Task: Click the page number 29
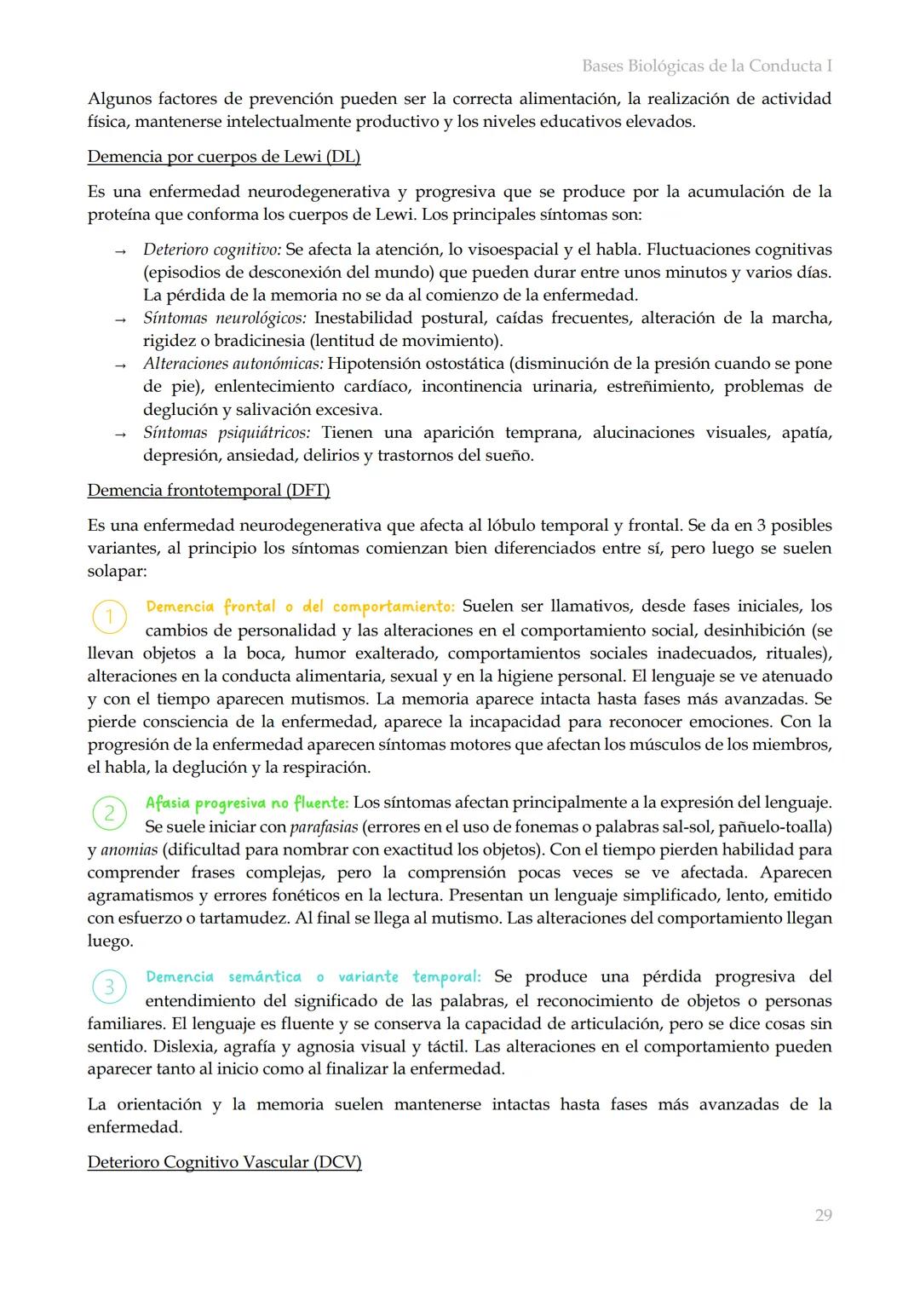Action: tap(823, 1215)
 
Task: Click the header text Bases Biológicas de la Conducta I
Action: tap(706, 66)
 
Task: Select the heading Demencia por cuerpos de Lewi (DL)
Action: tap(223, 157)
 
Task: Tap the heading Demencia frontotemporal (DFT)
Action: tap(208, 490)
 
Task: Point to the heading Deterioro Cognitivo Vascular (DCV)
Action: tap(224, 1162)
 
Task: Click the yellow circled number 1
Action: tap(109, 616)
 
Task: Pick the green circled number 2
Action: tap(109, 813)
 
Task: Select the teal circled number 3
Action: tap(109, 987)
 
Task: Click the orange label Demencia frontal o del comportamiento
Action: tap(300, 607)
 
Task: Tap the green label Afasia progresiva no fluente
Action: tap(246, 803)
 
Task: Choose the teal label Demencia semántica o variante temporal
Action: tap(313, 976)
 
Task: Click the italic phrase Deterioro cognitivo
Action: tap(211, 250)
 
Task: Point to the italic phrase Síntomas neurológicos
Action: tap(224, 318)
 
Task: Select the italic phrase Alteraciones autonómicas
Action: tap(233, 364)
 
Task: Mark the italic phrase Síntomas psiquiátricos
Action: tap(226, 433)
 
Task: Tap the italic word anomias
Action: tap(129, 850)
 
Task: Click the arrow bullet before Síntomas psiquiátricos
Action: tap(120, 435)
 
